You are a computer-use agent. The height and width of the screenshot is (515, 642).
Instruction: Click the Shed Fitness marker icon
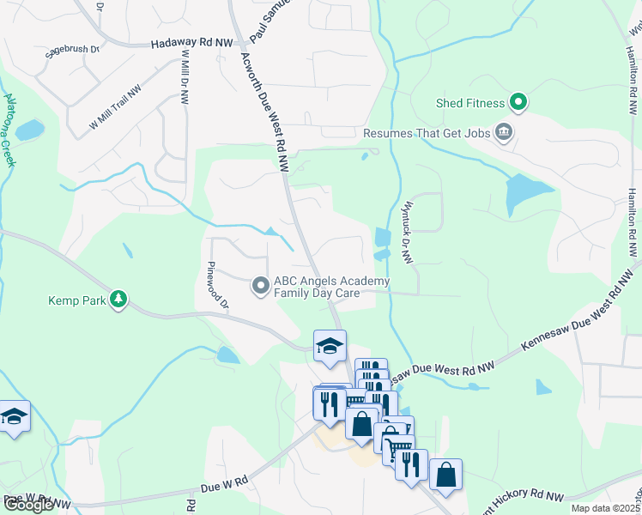[x=518, y=103]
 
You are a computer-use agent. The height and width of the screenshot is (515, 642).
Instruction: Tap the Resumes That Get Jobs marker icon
[x=503, y=133]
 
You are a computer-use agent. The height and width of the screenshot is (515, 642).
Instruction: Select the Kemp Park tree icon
[x=119, y=300]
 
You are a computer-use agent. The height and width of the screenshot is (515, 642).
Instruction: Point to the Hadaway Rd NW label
[x=192, y=43]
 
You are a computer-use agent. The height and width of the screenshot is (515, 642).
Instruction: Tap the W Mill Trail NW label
[x=114, y=110]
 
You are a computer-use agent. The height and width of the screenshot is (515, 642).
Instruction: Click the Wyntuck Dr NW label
[x=405, y=228]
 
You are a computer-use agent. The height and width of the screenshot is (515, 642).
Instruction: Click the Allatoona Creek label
[x=9, y=129]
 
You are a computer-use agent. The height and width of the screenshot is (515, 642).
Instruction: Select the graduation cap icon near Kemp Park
[x=15, y=416]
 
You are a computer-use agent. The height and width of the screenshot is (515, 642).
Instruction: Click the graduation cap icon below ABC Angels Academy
[x=329, y=346]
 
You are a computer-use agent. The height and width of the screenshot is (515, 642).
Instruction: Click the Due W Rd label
[x=224, y=486]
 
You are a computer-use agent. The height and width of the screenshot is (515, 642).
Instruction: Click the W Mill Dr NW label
[x=185, y=76]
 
